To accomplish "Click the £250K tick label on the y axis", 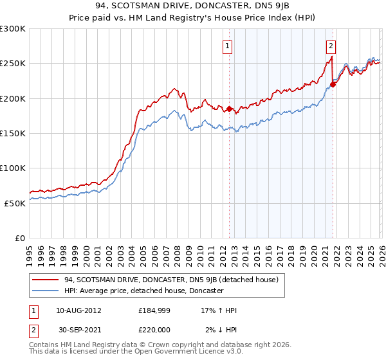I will [x=13, y=64].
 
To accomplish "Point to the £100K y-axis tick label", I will [x=13, y=168].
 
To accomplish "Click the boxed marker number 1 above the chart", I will [x=228, y=46].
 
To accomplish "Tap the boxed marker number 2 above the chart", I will [x=331, y=46].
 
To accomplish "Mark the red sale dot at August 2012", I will [x=229, y=109].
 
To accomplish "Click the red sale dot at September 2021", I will [x=333, y=84].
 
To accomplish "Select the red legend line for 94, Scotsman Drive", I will [x=45, y=280].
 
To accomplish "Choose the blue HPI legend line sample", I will [x=45, y=291].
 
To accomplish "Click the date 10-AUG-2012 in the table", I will [x=78, y=310].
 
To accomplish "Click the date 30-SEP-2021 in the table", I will [x=78, y=329].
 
